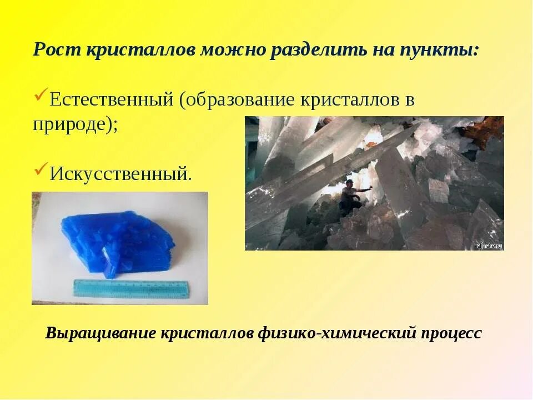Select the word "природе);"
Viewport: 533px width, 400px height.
coord(75,123)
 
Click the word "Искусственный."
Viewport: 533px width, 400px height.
coord(120,174)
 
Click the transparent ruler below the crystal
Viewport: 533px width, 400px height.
coord(131,288)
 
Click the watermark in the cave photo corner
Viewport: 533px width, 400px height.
coord(489,245)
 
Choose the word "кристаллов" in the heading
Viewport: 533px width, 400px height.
coord(140,50)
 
